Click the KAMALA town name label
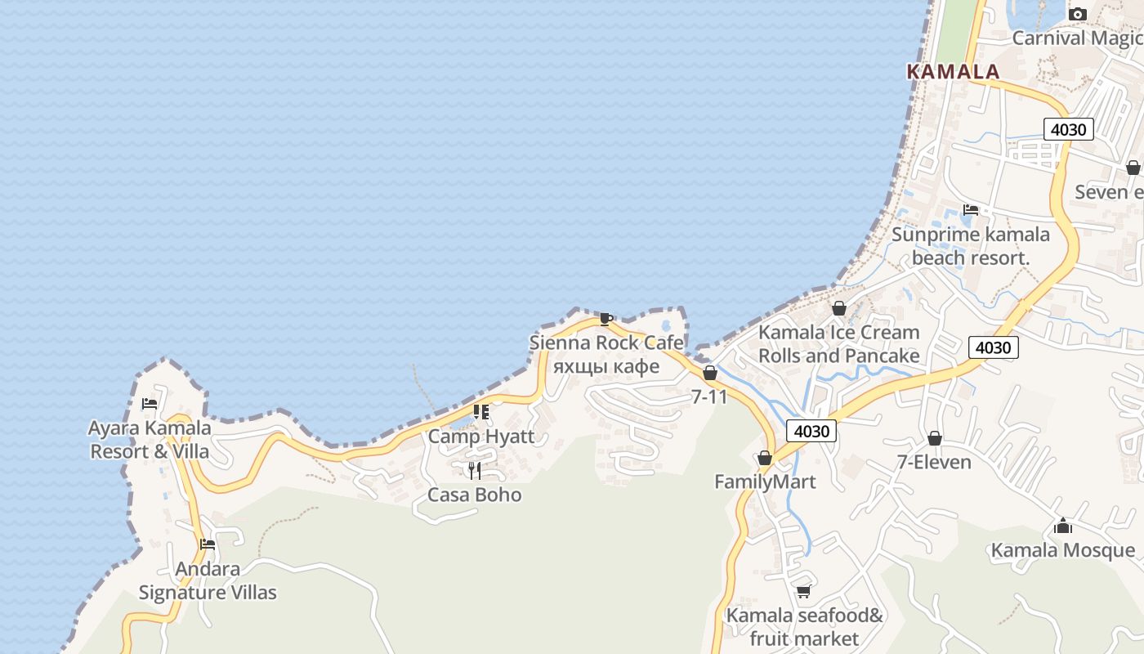point(953,72)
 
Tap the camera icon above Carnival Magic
point(1078,14)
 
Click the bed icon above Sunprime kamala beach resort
point(971,210)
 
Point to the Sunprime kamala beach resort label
point(971,246)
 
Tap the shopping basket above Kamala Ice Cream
point(838,308)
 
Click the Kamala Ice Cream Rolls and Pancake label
point(839,344)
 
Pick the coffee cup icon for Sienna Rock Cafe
point(606,319)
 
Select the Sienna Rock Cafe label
point(606,343)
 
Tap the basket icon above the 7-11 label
point(710,373)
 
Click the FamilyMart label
point(765,482)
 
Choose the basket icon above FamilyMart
point(765,458)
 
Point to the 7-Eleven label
point(934,462)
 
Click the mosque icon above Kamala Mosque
point(1062,526)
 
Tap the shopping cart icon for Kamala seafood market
point(804,591)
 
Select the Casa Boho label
point(475,495)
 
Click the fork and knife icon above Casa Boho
point(474,470)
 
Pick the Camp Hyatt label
point(481,436)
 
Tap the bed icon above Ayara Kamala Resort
point(150,403)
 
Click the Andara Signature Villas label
point(208,580)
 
